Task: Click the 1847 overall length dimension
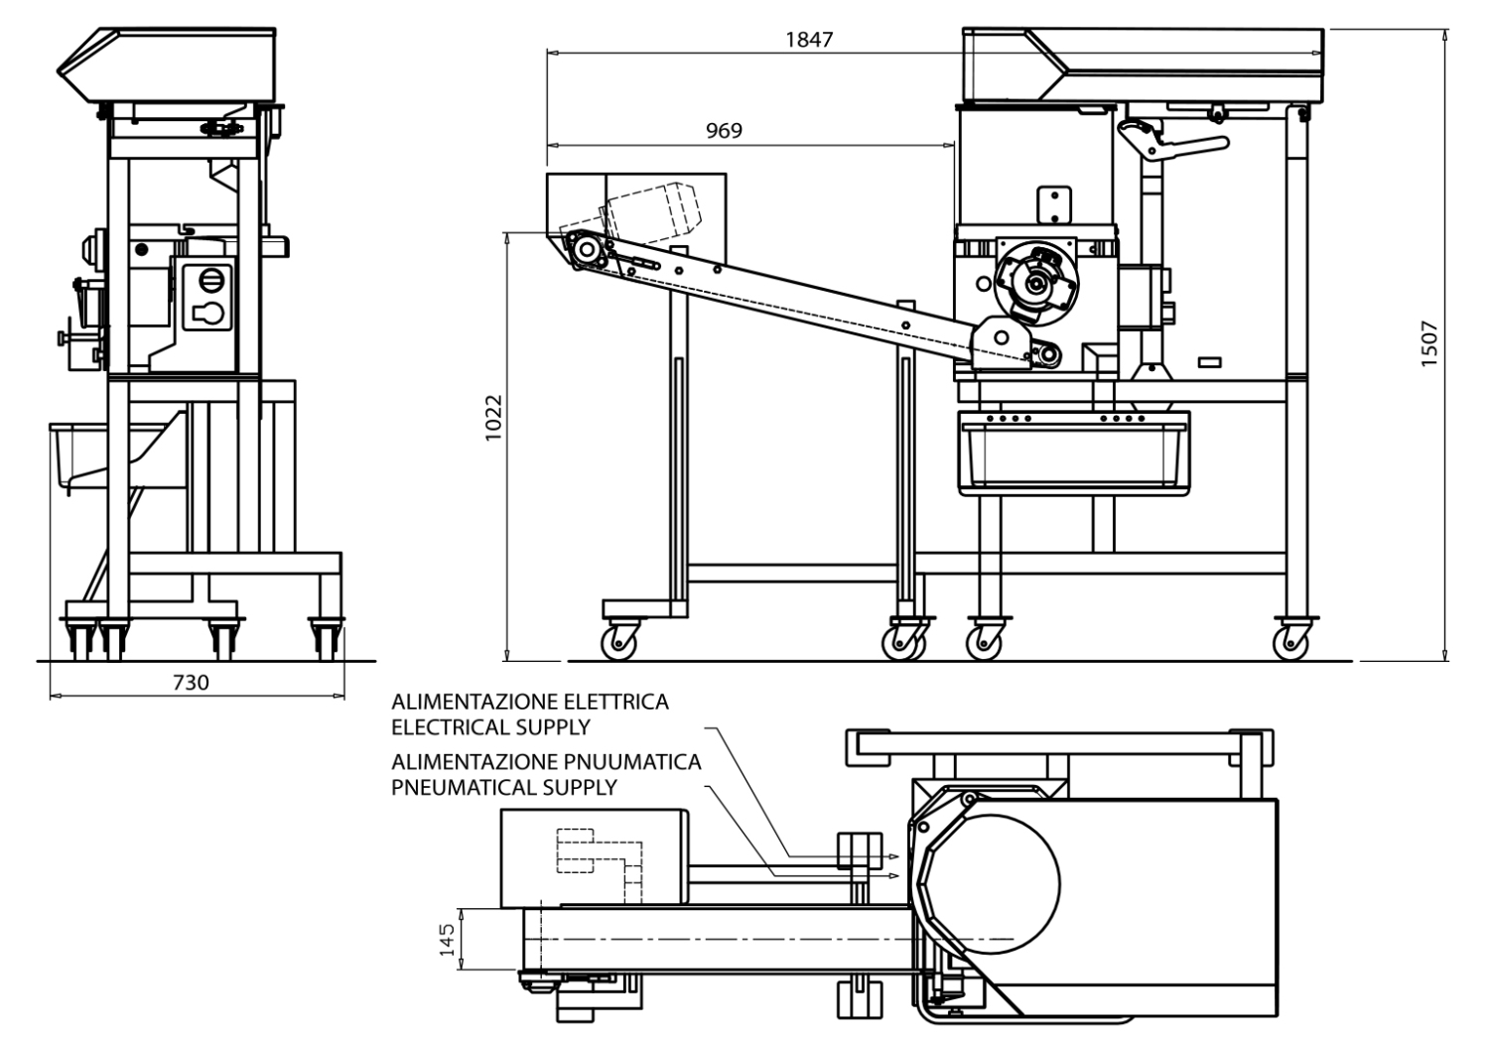click(809, 40)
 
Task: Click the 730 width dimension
click(191, 682)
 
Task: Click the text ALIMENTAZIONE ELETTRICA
click(529, 702)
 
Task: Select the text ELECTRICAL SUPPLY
click(490, 727)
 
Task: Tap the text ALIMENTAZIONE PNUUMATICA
click(546, 762)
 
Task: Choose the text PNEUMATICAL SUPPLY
click(503, 788)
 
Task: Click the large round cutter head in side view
click(1036, 282)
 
